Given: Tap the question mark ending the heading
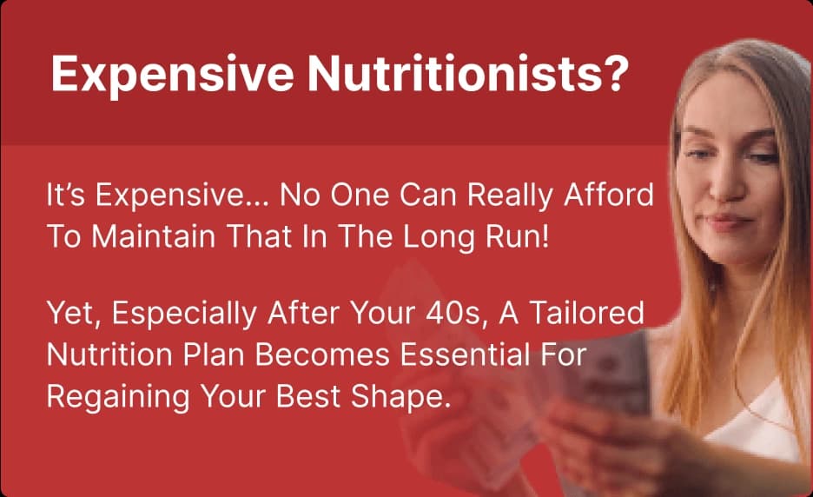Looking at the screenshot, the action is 619,73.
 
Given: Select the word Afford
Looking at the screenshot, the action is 609,195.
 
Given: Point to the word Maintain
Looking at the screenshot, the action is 154,236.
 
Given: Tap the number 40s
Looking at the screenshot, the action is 456,314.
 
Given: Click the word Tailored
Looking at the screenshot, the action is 586,313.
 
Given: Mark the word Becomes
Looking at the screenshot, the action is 322,355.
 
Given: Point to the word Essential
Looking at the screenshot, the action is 465,355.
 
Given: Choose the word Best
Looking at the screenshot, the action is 308,396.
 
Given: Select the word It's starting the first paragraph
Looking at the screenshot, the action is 65,195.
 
